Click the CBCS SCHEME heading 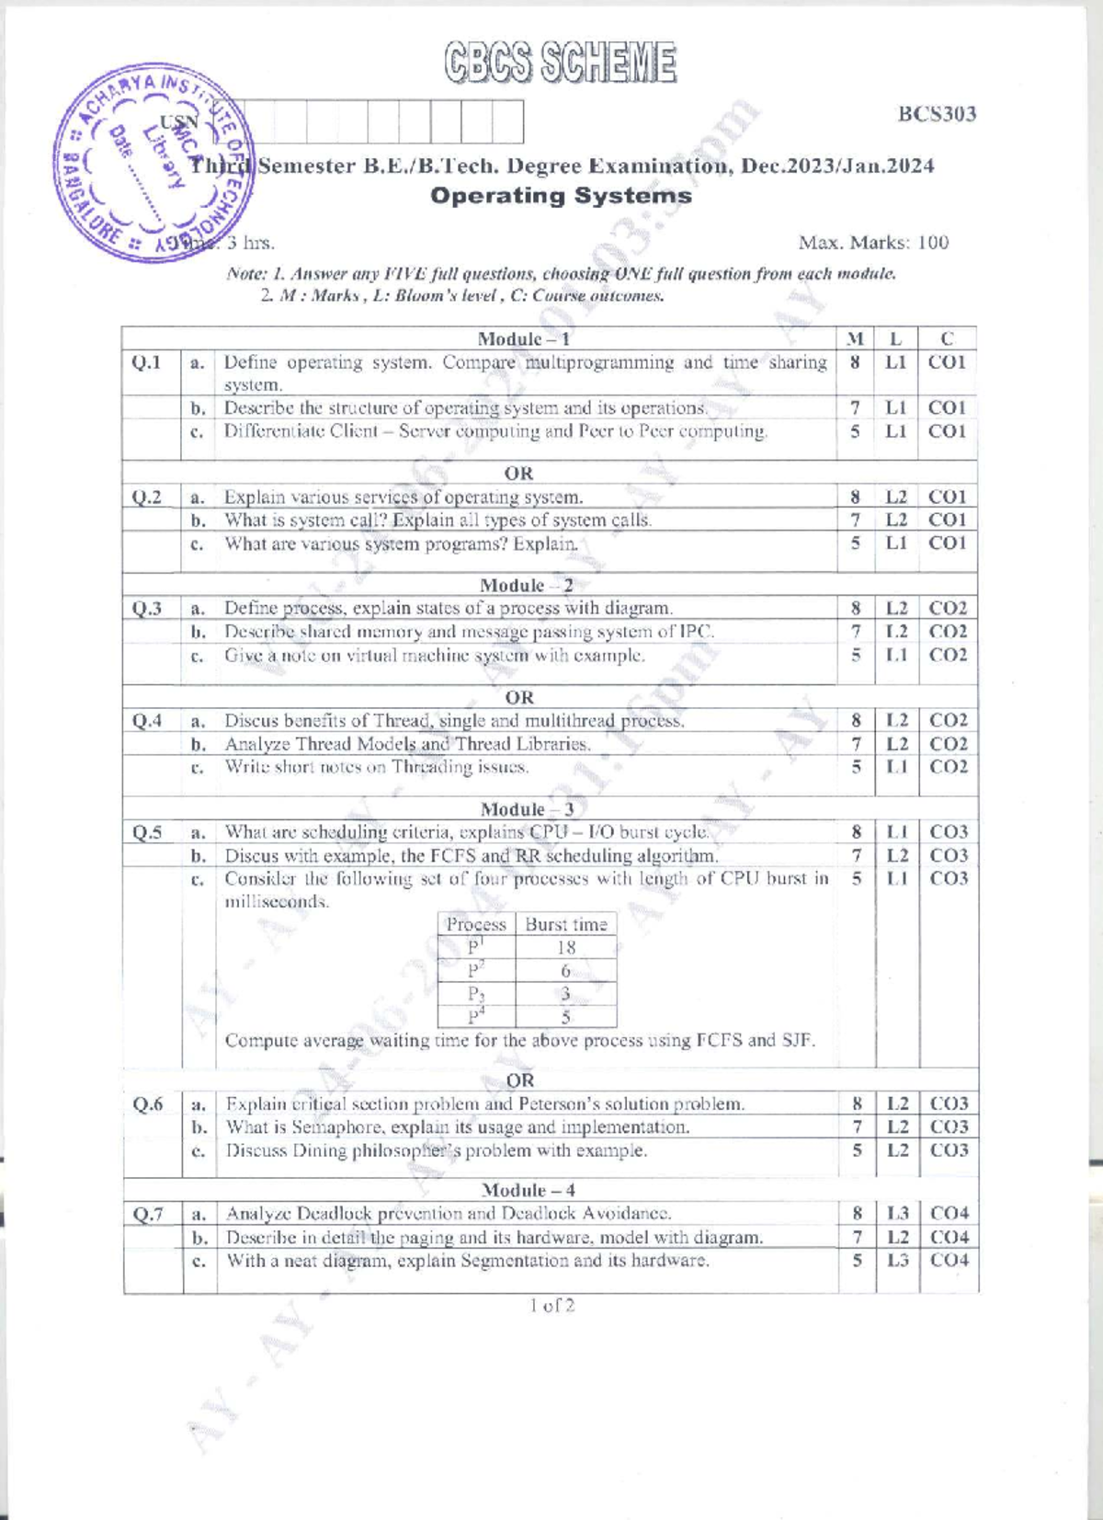[x=561, y=63]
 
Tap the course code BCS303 [x=937, y=114]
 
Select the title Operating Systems [x=561, y=196]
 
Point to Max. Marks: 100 [x=873, y=243]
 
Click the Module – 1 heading [x=524, y=338]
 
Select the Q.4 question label [x=147, y=721]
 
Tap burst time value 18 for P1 [x=566, y=947]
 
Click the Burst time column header [x=566, y=924]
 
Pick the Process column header [x=476, y=924]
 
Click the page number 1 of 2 [x=551, y=1305]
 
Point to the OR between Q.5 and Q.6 [x=519, y=1080]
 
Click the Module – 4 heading [x=528, y=1190]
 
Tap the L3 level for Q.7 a [x=897, y=1214]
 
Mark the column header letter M [x=855, y=338]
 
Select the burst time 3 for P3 [x=565, y=993]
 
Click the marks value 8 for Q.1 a [x=855, y=362]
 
